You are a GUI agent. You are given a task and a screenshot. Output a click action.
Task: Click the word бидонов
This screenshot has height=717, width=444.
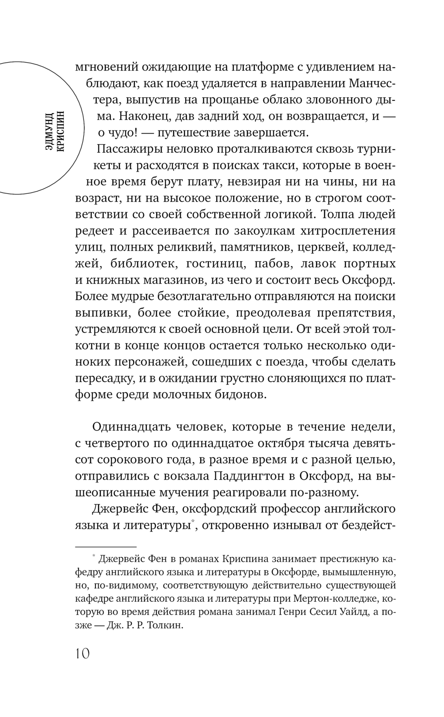coord(240,394)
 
